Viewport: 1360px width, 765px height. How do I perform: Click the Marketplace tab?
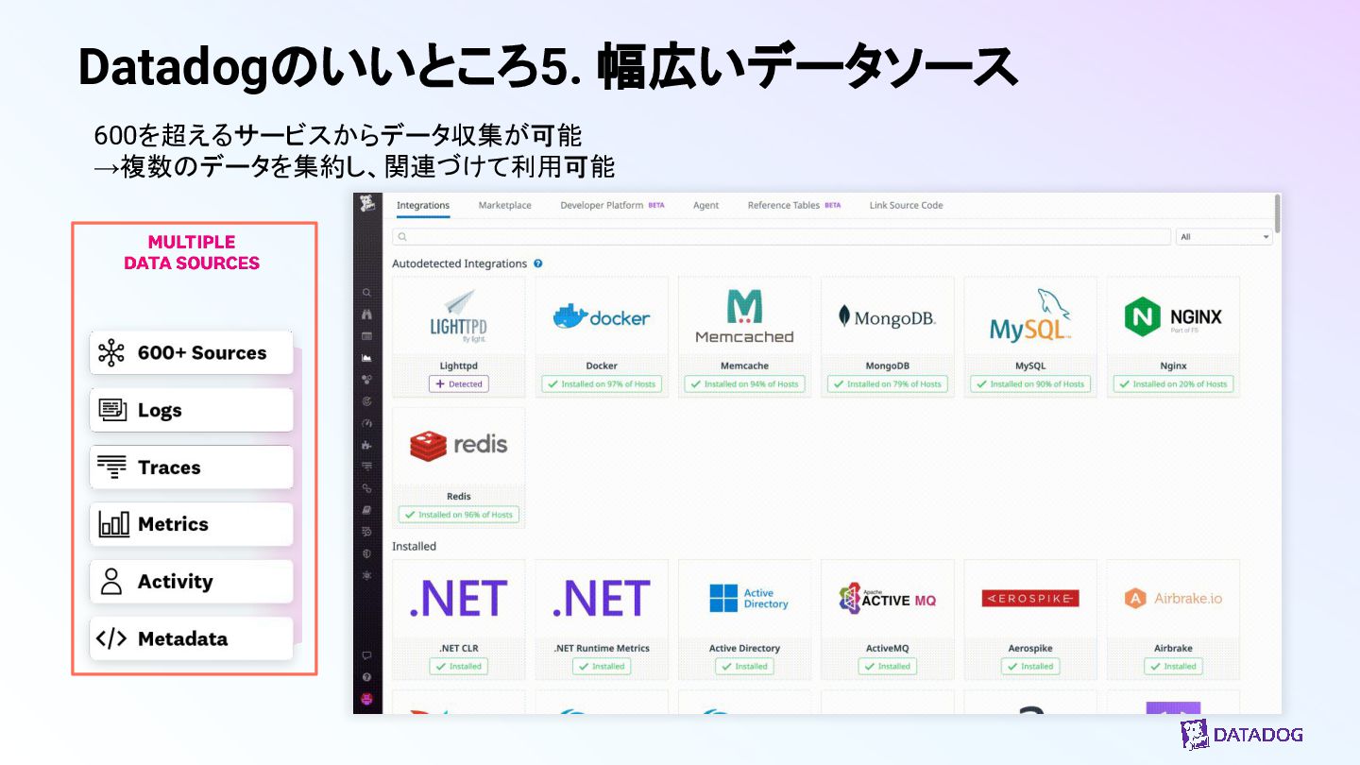pyautogui.click(x=504, y=205)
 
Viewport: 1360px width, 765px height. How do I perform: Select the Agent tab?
pyautogui.click(x=705, y=205)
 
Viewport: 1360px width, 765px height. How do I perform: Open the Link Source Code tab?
pyautogui.click(x=906, y=205)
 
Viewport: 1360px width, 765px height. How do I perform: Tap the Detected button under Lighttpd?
pyautogui.click(x=459, y=384)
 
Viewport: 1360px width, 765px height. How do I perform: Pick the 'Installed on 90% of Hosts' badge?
pyautogui.click(x=1030, y=384)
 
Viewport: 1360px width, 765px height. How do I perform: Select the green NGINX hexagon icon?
pyautogui.click(x=1142, y=317)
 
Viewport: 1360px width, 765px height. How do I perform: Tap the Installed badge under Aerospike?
pyautogui.click(x=1030, y=666)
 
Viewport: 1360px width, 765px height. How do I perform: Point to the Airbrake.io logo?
pyautogui.click(x=1173, y=598)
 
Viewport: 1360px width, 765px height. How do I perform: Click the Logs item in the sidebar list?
pyautogui.click(x=192, y=410)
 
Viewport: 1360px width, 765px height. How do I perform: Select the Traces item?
pyautogui.click(x=192, y=467)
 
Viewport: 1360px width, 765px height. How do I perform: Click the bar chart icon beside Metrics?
pyautogui.click(x=113, y=524)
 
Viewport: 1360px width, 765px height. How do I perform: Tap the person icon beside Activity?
pyautogui.click(x=111, y=582)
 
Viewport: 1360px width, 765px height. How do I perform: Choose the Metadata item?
pyautogui.click(x=192, y=638)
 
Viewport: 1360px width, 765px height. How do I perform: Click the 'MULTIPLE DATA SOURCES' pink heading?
pyautogui.click(x=192, y=252)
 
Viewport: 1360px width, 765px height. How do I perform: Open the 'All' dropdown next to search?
pyautogui.click(x=1224, y=237)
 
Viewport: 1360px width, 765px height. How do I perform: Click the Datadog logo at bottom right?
pyautogui.click(x=1241, y=735)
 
